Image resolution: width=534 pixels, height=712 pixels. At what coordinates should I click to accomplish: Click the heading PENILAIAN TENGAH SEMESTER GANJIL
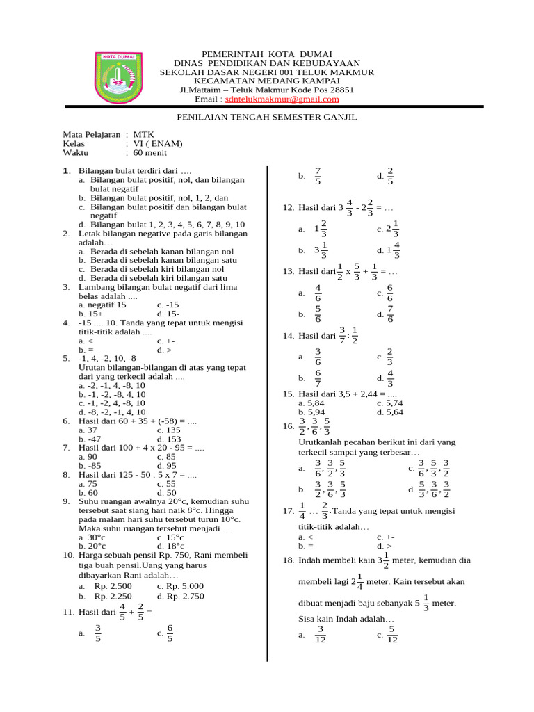(267, 117)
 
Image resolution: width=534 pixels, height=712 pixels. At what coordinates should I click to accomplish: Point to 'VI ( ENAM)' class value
(158, 144)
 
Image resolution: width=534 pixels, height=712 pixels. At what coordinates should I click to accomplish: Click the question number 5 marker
(66, 358)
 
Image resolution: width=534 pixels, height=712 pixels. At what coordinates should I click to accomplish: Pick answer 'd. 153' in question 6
(169, 439)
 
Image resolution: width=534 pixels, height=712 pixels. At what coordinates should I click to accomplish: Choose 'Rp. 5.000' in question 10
(183, 586)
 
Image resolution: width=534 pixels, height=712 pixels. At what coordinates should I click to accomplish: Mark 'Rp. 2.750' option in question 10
(183, 596)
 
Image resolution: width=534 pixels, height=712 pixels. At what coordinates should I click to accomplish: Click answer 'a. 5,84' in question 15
(311, 403)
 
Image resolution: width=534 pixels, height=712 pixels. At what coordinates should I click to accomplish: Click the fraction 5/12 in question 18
(392, 635)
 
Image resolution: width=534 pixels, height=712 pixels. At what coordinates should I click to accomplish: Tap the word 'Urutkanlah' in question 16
(321, 442)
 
